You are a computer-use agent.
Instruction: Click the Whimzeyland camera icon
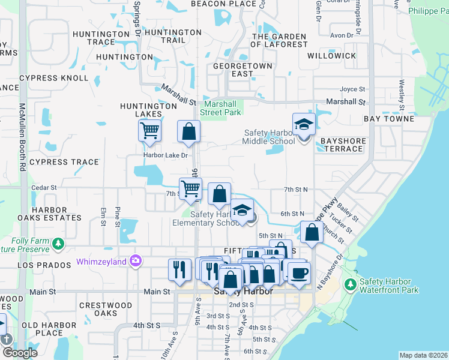tap(136, 260)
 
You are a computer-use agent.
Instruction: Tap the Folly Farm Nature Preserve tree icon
tap(58, 244)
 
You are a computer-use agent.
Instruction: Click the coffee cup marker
tap(299, 272)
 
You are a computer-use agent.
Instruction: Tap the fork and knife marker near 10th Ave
tap(179, 268)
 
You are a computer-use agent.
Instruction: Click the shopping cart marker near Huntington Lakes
tap(149, 130)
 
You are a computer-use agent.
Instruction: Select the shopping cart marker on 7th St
tap(190, 188)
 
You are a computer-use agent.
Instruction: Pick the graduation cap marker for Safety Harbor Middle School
tap(304, 124)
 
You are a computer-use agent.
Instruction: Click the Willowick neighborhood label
tap(331, 55)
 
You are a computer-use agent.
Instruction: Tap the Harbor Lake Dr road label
tap(165, 155)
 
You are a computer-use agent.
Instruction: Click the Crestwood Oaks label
tap(106, 309)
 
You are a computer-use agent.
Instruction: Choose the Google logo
tap(19, 353)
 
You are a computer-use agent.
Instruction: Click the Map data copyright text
tap(423, 355)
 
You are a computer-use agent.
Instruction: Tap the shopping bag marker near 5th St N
tap(312, 232)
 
